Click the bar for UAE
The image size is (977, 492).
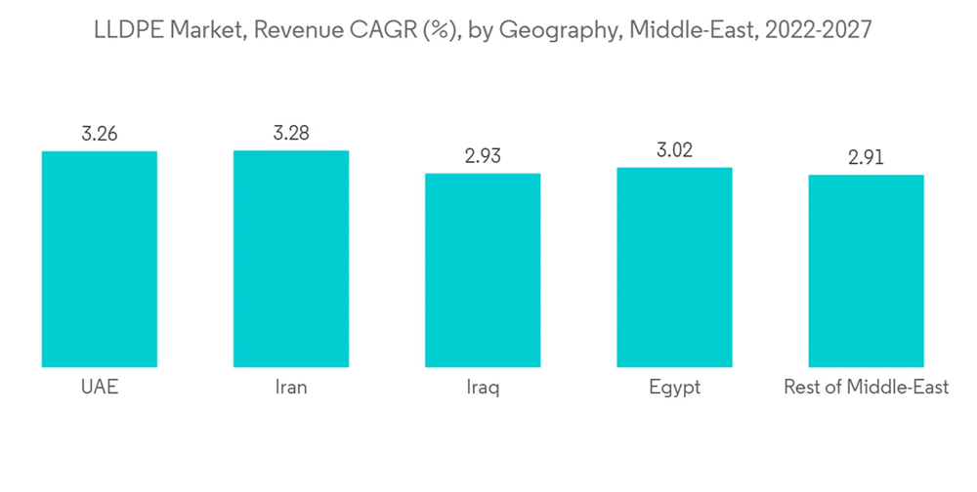(100, 259)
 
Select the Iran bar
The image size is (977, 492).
(291, 259)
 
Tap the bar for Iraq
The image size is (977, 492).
(483, 269)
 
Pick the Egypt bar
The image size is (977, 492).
(674, 266)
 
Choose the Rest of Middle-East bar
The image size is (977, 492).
(866, 270)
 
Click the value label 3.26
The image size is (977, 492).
(100, 135)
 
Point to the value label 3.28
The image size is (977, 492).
(291, 134)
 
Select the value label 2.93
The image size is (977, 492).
(483, 156)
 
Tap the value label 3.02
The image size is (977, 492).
(674, 150)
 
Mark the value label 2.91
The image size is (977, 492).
(866, 158)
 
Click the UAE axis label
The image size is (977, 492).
(100, 388)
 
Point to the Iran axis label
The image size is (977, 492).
(291, 388)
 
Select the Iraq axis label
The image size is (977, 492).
(483, 389)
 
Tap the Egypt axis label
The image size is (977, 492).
(674, 389)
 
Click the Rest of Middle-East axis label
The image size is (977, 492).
(866, 388)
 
